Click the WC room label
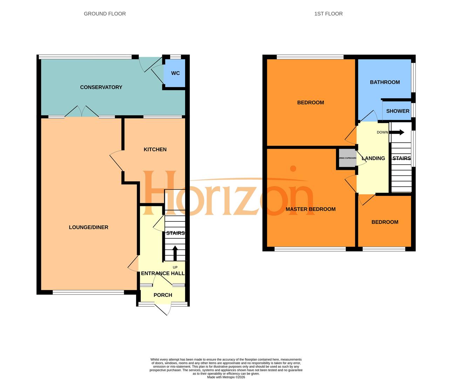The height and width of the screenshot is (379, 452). point(175,73)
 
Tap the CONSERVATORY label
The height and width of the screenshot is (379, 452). point(101,87)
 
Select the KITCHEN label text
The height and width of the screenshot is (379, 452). point(155,149)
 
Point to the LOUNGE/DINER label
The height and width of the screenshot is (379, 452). point(88,227)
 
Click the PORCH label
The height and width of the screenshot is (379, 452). point(163,295)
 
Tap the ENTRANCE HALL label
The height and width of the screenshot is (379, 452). point(163,273)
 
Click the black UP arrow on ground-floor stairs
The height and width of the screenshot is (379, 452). point(175,253)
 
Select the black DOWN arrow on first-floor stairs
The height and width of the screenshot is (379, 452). point(397,132)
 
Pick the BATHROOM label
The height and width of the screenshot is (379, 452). point(385,82)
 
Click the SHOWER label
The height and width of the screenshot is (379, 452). point(398,111)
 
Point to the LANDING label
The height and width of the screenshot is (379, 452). point(373,158)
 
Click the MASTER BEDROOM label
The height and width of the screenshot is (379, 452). point(310,209)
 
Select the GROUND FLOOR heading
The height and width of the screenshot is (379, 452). point(104,14)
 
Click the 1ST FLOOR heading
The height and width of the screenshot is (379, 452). point(328,14)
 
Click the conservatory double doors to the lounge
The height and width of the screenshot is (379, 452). point(82,112)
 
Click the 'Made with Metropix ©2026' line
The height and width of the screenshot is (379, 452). point(226,377)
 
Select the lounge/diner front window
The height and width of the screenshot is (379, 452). point(88,292)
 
